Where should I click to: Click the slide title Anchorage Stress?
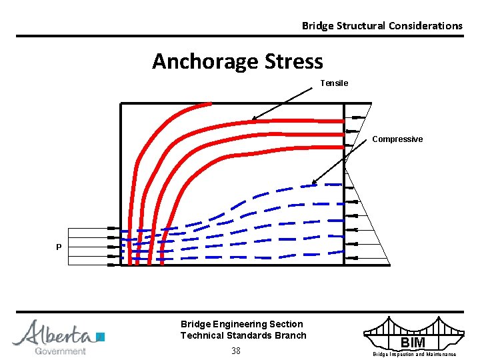237,61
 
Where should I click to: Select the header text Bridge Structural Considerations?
381,25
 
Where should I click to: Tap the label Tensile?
334,83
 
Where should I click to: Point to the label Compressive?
397,139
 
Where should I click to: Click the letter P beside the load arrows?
59,247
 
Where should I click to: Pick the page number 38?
235,351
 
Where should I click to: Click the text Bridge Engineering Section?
241,324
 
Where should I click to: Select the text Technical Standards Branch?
243,335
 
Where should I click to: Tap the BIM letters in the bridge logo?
413,343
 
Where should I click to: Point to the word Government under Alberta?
61,351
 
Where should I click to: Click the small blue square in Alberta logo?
101,337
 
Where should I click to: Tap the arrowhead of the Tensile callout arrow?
254,119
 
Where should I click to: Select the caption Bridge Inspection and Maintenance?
414,354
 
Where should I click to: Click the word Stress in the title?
293,61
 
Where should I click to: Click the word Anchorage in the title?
205,61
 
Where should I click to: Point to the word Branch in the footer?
291,335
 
